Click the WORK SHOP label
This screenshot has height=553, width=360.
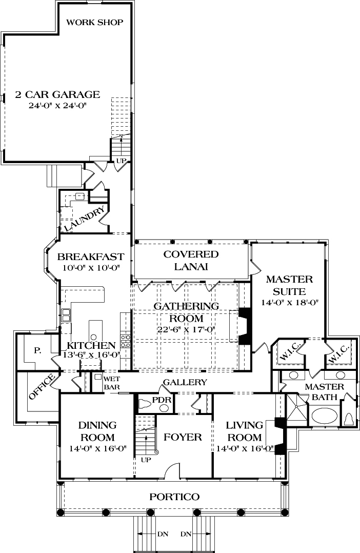[94, 22]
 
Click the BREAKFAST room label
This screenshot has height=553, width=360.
[90, 256]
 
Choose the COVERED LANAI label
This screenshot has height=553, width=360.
[191, 260]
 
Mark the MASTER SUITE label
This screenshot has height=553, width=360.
[289, 285]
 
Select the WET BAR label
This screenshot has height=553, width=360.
[111, 382]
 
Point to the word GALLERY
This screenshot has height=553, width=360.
[185, 382]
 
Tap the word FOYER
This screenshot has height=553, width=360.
[183, 437]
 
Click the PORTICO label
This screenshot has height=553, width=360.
[174, 497]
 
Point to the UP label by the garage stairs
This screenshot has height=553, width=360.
[122, 161]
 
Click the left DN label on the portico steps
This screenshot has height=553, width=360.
[163, 534]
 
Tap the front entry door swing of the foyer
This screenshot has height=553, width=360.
[174, 469]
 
